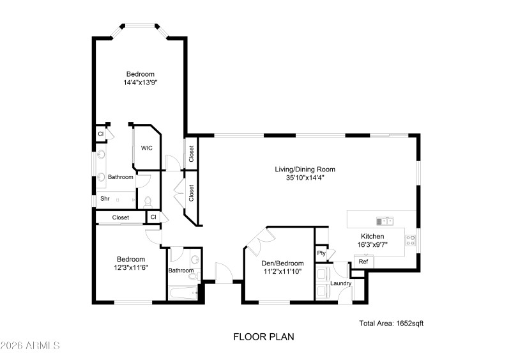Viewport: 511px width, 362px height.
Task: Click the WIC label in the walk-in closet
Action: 147,148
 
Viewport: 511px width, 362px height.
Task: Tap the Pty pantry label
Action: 321,253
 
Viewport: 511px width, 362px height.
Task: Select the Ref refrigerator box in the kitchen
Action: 363,262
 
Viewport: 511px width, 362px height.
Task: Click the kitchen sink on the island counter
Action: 385,221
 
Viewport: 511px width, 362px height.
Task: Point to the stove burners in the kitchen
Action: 411,241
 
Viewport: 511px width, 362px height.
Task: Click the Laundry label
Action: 340,283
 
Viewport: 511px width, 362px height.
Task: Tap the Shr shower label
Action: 105,199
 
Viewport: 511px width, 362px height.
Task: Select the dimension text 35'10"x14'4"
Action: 305,178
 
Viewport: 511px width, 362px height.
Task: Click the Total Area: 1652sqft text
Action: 391,324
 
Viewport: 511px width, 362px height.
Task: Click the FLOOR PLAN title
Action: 263,336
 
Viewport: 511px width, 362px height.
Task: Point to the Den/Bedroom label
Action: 282,263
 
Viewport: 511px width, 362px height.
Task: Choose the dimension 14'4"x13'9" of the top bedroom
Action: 140,83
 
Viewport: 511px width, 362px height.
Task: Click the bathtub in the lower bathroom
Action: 183,294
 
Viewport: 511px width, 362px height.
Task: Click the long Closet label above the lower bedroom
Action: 120,217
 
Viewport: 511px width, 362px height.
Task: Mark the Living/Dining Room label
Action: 305,169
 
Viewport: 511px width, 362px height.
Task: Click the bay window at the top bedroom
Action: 140,27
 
